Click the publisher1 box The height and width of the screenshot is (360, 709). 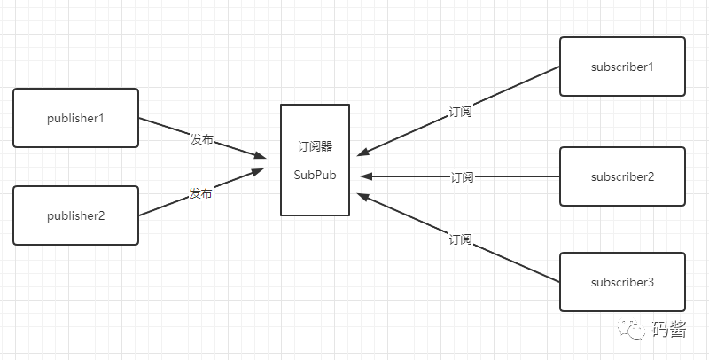click(75, 118)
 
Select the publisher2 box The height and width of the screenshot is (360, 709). click(75, 215)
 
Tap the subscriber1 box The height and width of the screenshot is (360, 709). click(622, 67)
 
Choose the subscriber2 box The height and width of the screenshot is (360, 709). click(622, 176)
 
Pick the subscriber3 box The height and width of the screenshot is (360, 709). click(622, 282)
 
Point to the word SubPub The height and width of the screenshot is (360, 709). click(315, 175)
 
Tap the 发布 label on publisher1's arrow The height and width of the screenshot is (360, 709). click(201, 140)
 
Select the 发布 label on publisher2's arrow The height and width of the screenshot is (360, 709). click(200, 193)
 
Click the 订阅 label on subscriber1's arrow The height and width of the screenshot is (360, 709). click(461, 113)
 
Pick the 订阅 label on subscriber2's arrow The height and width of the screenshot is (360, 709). click(462, 177)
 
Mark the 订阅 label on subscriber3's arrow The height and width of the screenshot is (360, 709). click(460, 240)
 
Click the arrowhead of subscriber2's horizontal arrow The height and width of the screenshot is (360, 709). click(366, 176)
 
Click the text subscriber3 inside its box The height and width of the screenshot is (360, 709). click(622, 283)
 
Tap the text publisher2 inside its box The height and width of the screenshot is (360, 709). click(75, 215)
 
